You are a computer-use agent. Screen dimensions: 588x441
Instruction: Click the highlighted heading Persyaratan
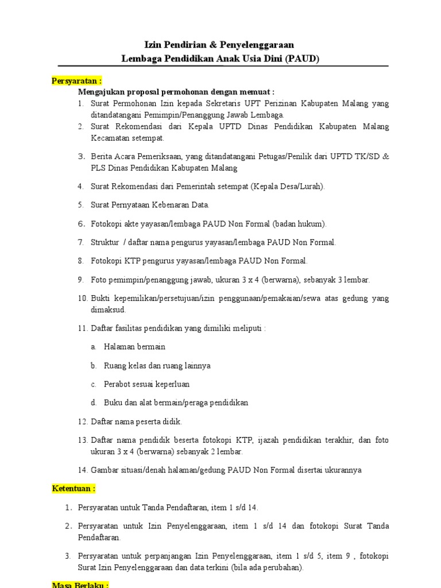click(x=76, y=81)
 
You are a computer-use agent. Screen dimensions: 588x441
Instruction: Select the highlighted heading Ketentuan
click(x=73, y=489)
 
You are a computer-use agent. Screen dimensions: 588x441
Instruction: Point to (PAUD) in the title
click(x=302, y=59)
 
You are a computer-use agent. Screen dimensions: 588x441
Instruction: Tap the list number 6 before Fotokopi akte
click(x=81, y=224)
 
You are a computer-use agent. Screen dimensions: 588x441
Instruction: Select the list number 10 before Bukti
click(x=82, y=299)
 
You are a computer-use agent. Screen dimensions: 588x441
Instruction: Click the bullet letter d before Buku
click(x=93, y=403)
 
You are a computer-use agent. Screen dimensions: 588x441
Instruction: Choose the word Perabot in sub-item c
click(x=117, y=384)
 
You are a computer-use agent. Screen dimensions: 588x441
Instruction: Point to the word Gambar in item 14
click(x=104, y=470)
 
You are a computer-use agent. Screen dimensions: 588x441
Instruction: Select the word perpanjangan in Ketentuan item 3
click(x=188, y=556)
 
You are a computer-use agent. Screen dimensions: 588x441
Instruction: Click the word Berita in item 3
click(x=101, y=157)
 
